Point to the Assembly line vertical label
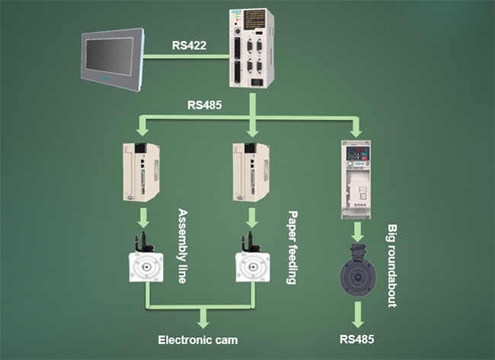point(182,246)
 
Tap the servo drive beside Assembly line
point(142,173)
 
